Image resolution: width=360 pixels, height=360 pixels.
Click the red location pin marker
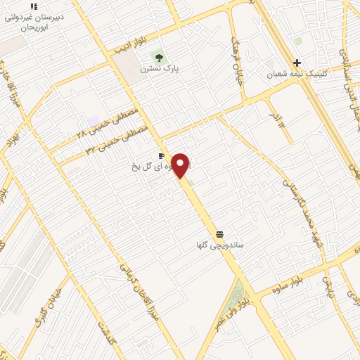coord(181,165)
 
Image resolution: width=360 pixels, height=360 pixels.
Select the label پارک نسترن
coord(160,69)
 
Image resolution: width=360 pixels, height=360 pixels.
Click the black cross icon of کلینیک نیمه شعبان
coord(297,63)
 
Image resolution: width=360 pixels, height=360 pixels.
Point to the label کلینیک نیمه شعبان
coord(295,74)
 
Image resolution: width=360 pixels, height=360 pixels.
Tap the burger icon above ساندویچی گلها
coord(220,233)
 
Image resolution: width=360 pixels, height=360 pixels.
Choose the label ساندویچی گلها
coord(220,245)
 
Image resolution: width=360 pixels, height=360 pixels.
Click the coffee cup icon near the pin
coord(162,155)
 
